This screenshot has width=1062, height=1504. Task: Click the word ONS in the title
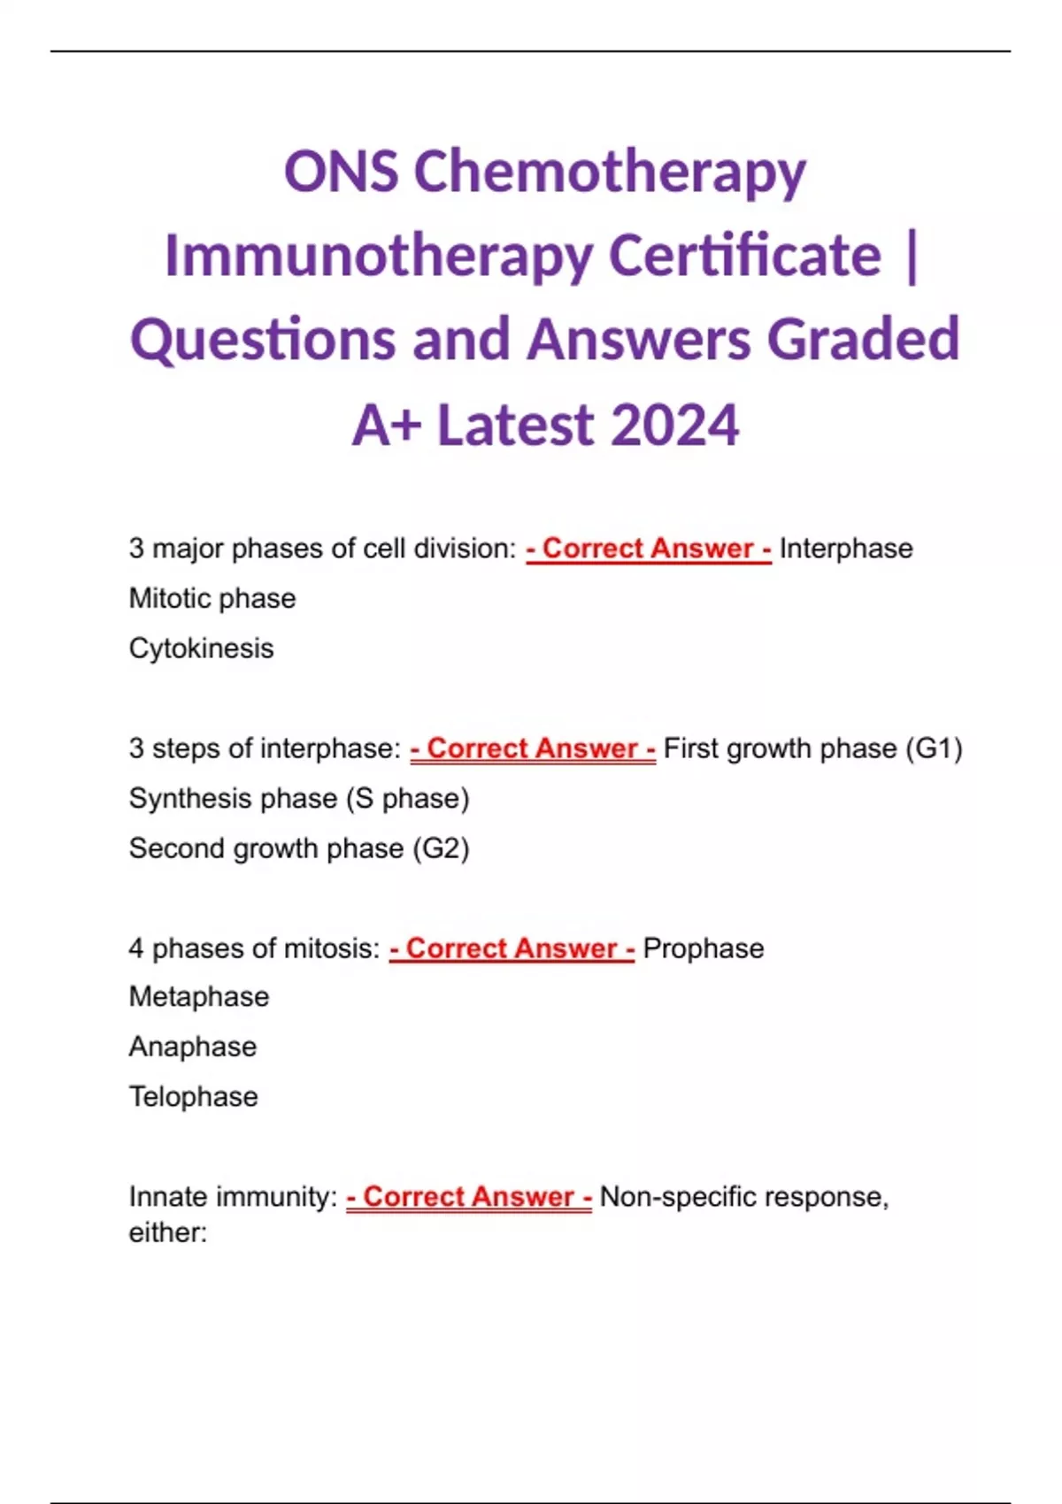(x=341, y=172)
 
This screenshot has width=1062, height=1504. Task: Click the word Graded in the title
(x=863, y=338)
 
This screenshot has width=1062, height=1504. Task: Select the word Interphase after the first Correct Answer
(x=846, y=549)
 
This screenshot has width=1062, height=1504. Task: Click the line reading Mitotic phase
(x=212, y=599)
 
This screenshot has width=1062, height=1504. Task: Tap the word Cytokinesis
(x=202, y=648)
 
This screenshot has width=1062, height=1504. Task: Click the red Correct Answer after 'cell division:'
(x=649, y=549)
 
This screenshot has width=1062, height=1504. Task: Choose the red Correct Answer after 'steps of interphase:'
(x=534, y=748)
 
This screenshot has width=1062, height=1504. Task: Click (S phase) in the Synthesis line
(x=408, y=799)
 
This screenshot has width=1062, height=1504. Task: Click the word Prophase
(x=704, y=948)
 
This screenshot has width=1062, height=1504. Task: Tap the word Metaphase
(x=199, y=997)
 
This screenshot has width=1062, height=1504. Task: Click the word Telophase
(x=194, y=1097)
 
